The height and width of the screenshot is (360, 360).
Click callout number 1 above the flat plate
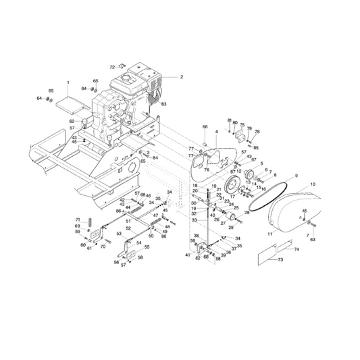pos(68,82)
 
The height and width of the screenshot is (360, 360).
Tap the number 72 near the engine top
pos(113,68)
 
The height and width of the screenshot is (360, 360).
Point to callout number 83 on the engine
pos(163,103)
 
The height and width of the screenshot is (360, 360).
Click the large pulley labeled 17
pos(234,187)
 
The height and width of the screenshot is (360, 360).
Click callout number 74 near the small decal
pos(297,250)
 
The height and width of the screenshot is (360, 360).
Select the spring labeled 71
pos(87,222)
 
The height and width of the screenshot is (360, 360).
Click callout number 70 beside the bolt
pos(103,247)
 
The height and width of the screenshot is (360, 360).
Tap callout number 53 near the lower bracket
pos(119,233)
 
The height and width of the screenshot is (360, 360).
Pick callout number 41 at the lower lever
pos(187,255)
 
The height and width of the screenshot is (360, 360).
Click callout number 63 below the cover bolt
pos(312,239)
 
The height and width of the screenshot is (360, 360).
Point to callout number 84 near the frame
pos(155,158)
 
